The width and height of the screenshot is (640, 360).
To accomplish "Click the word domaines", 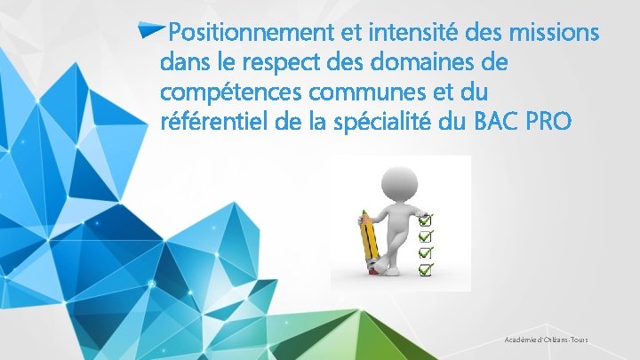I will (x=418, y=65).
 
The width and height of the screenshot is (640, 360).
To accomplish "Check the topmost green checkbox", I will (x=426, y=220).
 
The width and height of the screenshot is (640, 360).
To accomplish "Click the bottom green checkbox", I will (x=426, y=268).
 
